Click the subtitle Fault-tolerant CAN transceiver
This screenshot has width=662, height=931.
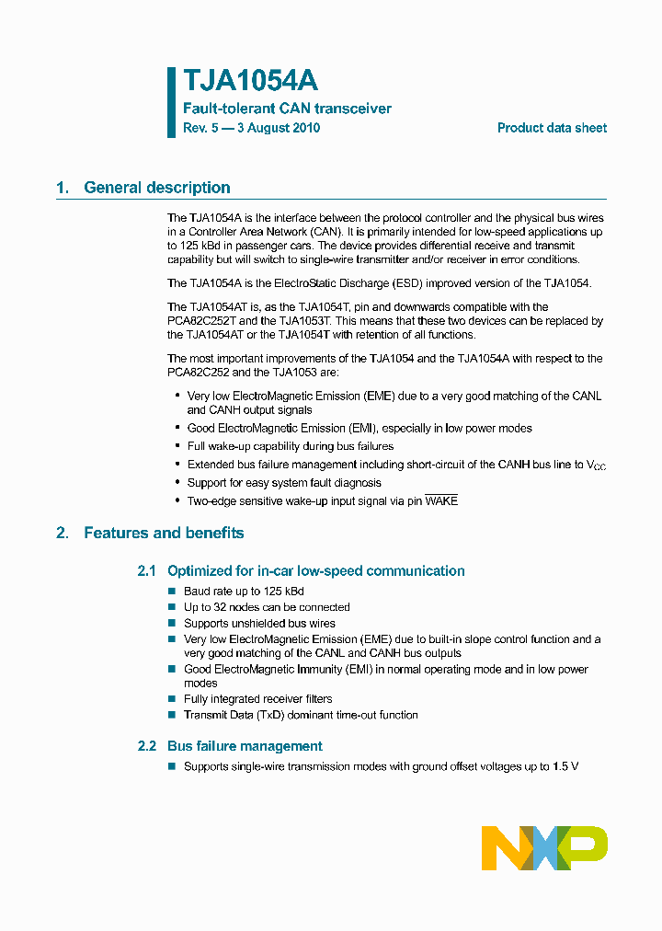click(x=287, y=109)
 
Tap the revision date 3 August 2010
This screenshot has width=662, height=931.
click(x=279, y=128)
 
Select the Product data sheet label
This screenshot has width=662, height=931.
click(x=552, y=128)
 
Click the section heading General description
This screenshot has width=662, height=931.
click(x=157, y=188)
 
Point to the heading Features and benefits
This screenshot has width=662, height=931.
click(x=164, y=533)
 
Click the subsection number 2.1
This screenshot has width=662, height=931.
click(x=147, y=571)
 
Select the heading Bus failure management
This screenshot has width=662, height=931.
click(x=245, y=746)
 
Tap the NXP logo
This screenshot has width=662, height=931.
click(x=544, y=847)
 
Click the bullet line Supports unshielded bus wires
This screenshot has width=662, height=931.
click(x=259, y=623)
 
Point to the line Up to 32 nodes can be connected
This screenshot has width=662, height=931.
click(x=267, y=607)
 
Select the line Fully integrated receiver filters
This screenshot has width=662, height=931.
click(x=258, y=699)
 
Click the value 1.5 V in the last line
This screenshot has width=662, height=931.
click(x=565, y=766)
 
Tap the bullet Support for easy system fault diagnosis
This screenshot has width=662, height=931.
click(x=284, y=483)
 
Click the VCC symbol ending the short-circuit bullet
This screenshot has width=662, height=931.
click(x=596, y=465)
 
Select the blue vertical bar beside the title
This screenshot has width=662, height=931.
click(x=171, y=102)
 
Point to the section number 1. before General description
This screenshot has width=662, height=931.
click(x=62, y=188)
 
